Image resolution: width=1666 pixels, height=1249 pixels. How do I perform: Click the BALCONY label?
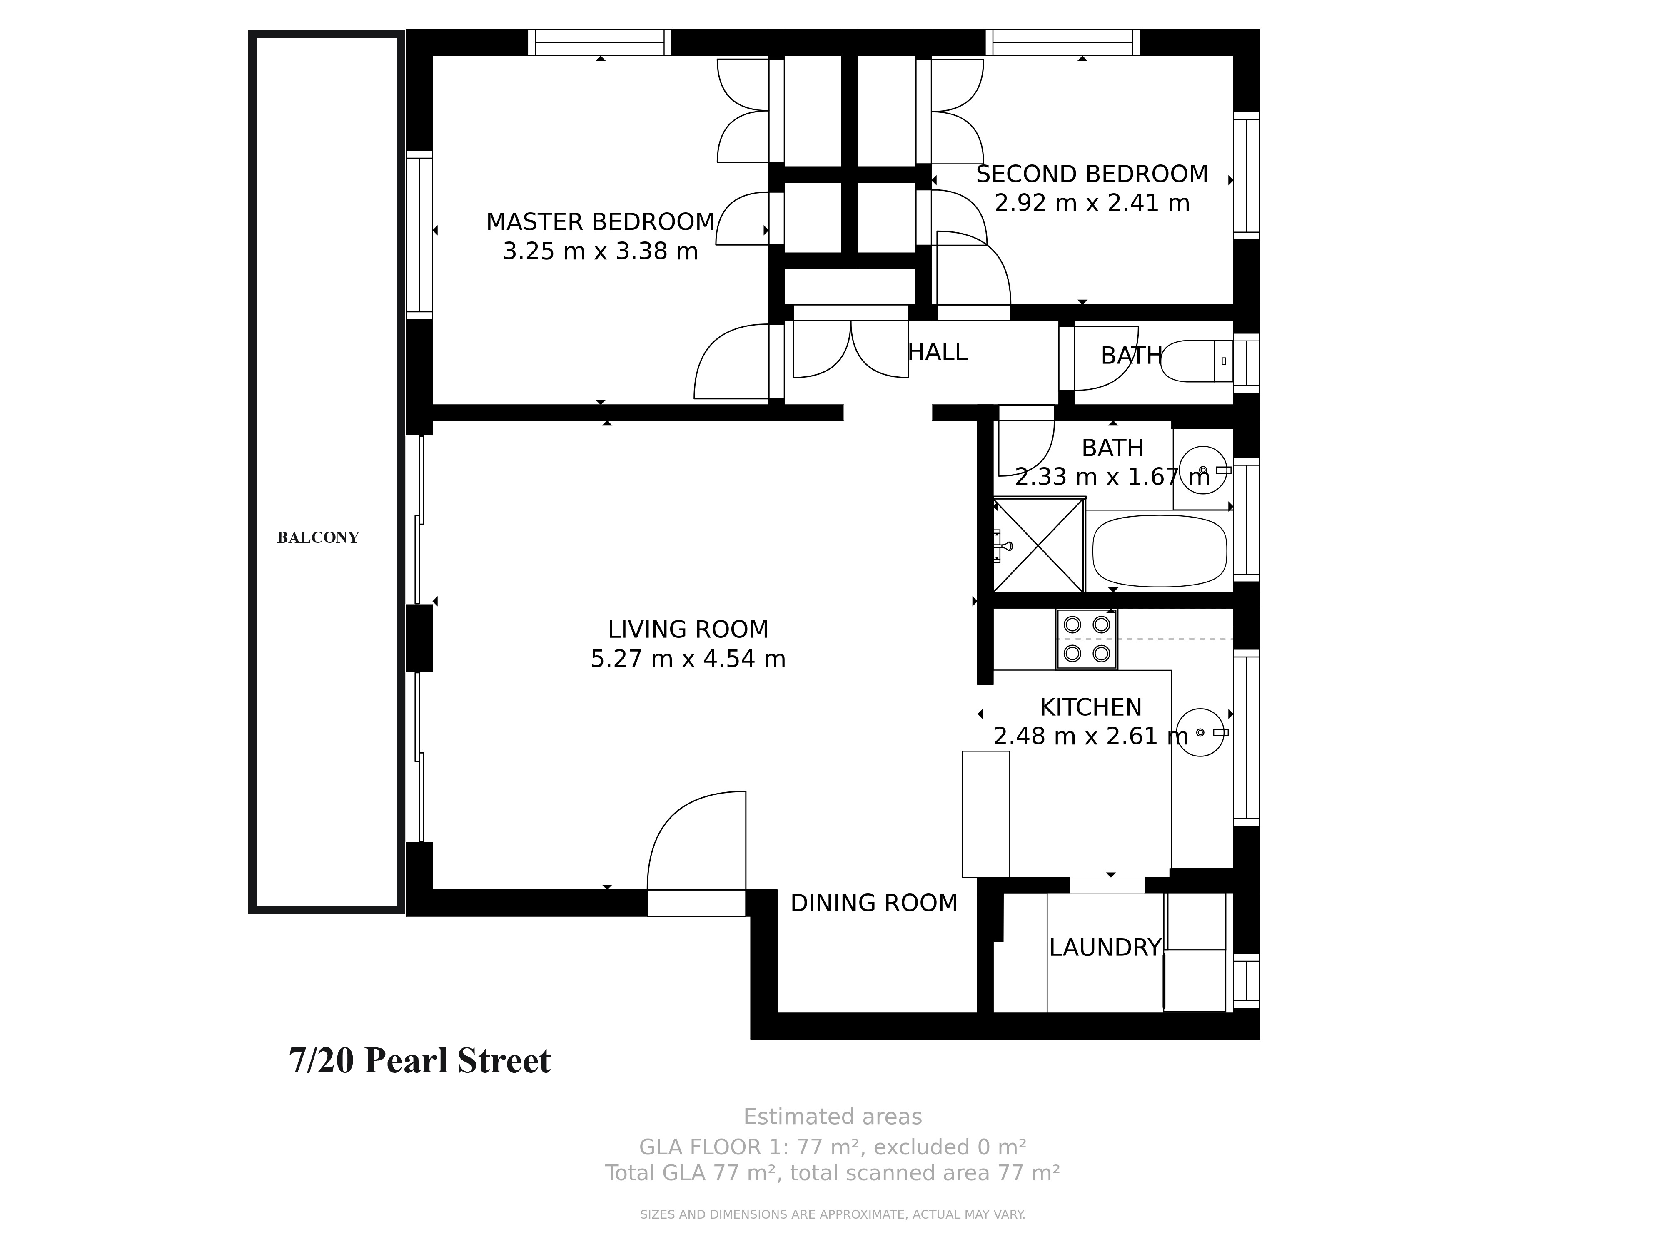pyautogui.click(x=318, y=537)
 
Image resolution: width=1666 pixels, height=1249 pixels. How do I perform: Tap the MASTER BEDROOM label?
pyautogui.click(x=600, y=222)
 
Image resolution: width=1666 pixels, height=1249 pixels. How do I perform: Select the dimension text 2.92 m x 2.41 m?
pyautogui.click(x=1092, y=203)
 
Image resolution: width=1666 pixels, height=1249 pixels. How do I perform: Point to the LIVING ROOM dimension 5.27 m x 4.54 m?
pyautogui.click(x=688, y=659)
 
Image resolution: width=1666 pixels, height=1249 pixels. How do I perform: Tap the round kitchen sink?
pyautogui.click(x=1200, y=732)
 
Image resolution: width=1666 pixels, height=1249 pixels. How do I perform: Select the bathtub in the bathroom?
pyautogui.click(x=1160, y=550)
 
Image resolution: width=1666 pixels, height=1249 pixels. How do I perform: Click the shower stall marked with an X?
pyautogui.click(x=1039, y=544)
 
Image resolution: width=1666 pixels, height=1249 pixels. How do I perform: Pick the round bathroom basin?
pyautogui.click(x=1203, y=470)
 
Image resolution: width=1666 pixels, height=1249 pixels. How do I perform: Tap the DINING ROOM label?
pyautogui.click(x=874, y=903)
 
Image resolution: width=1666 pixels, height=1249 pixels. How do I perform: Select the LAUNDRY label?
pyautogui.click(x=1105, y=947)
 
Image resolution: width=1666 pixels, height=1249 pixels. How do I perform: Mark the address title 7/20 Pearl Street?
pyautogui.click(x=419, y=1061)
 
